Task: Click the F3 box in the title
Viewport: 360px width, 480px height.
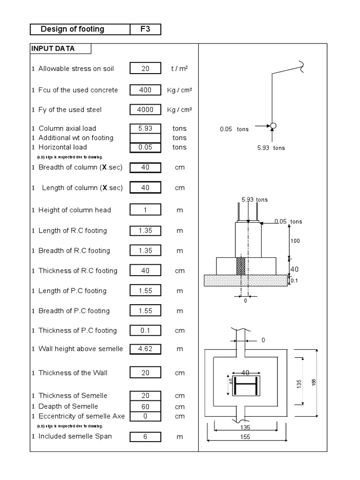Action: pyautogui.click(x=145, y=30)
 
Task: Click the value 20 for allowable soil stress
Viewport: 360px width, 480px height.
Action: pyautogui.click(x=145, y=68)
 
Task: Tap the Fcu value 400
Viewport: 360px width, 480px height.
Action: pyautogui.click(x=145, y=90)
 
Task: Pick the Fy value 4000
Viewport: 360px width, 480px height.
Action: pyautogui.click(x=145, y=110)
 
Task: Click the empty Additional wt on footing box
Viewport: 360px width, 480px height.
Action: pyautogui.click(x=145, y=138)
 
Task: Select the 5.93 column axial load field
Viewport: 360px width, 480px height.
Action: pyautogui.click(x=145, y=128)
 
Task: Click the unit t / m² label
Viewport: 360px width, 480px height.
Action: pyautogui.click(x=179, y=68)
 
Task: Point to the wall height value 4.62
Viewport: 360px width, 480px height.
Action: pyautogui.click(x=145, y=349)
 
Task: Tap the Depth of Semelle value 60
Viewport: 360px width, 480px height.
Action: pyautogui.click(x=145, y=406)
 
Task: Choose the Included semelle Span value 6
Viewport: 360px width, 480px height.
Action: pyautogui.click(x=145, y=436)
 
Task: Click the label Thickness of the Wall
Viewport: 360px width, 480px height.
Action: pyautogui.click(x=73, y=373)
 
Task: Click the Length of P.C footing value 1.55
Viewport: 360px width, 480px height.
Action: pyautogui.click(x=145, y=291)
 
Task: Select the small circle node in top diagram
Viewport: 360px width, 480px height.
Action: pyautogui.click(x=273, y=126)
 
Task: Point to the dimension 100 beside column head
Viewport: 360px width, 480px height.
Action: pyautogui.click(x=295, y=240)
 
